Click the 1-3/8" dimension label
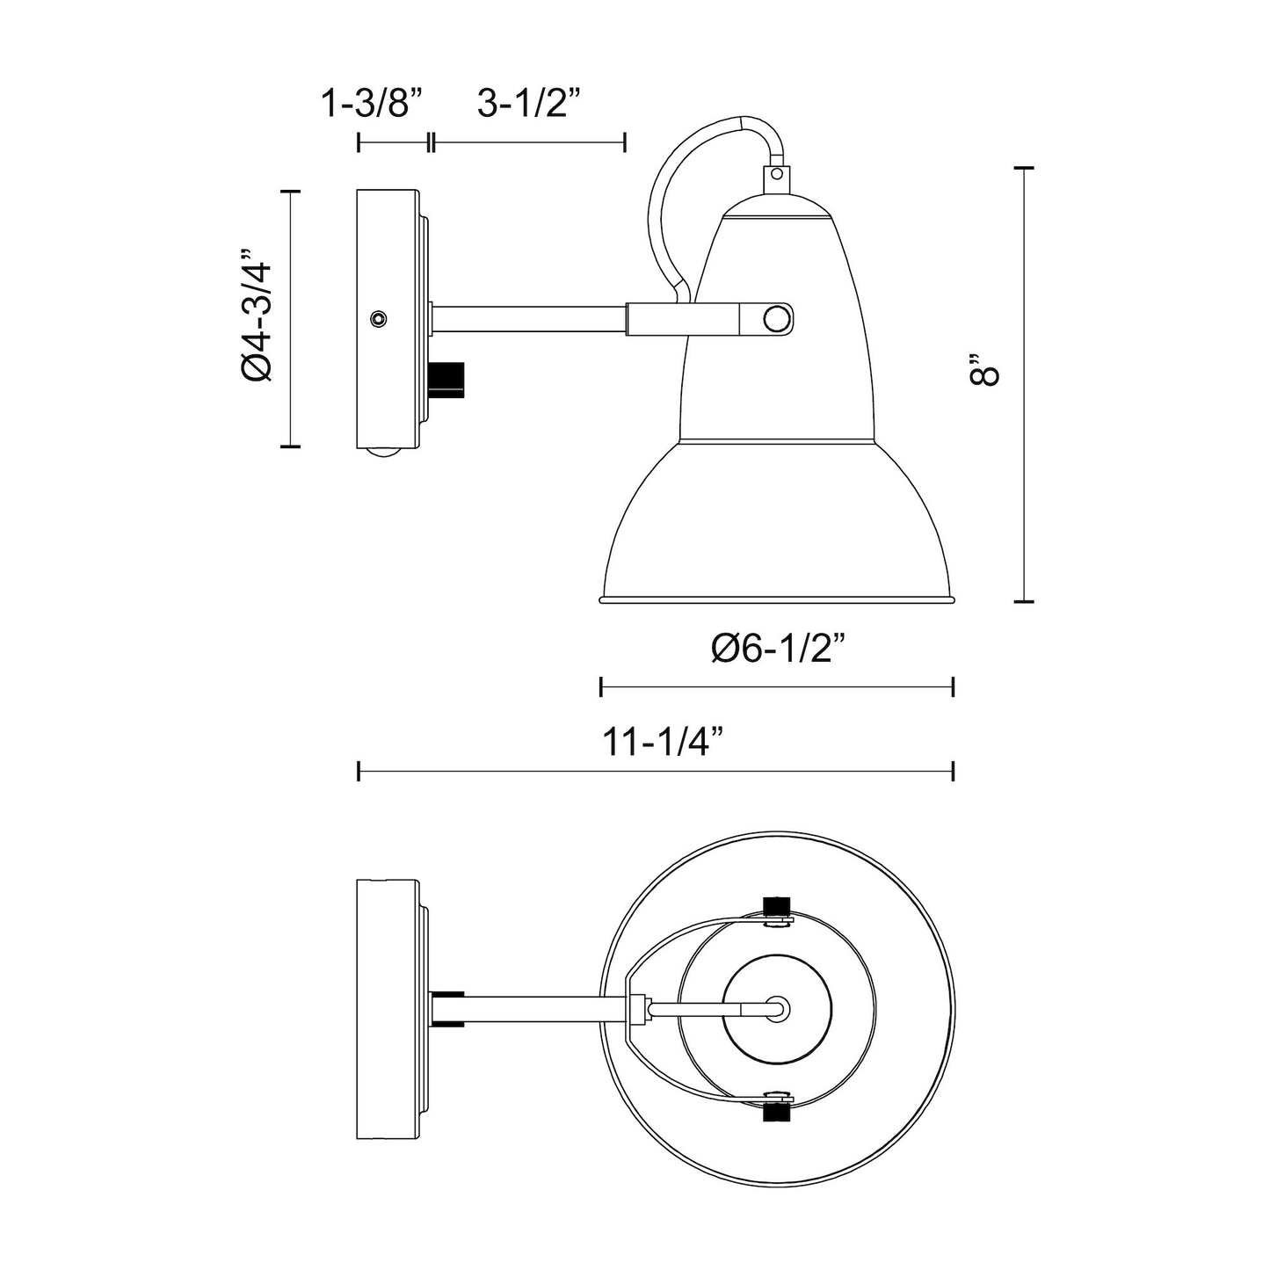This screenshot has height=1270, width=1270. (x=372, y=105)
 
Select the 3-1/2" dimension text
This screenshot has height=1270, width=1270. (x=530, y=105)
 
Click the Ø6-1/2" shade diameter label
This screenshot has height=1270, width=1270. (x=777, y=650)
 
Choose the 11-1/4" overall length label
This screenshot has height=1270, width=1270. (x=663, y=742)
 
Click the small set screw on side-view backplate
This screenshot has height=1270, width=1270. (x=378, y=318)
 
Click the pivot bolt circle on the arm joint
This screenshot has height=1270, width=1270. (x=775, y=318)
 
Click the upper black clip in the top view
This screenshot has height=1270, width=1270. (x=775, y=906)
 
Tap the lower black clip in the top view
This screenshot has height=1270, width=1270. (x=775, y=1114)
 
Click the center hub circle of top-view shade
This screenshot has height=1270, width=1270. (x=777, y=1009)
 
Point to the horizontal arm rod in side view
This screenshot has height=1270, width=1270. (x=527, y=318)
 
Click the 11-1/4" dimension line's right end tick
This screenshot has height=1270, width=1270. (x=954, y=772)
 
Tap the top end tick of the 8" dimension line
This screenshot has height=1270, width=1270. (x=1023, y=167)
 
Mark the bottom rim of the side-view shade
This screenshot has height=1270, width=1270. (x=777, y=600)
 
